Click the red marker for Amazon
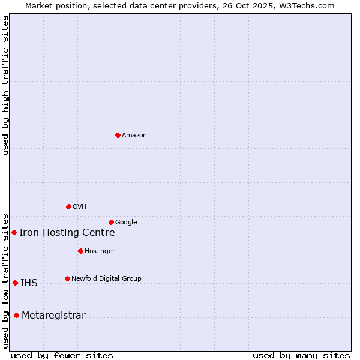click(118, 135)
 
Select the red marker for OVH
click(68, 206)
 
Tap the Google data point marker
click(111, 222)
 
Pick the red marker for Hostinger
click(80, 251)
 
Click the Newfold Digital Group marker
click(67, 278)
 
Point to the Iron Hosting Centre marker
click(14, 232)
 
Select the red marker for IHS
click(15, 283)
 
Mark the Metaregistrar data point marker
click(16, 315)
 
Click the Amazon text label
click(134, 136)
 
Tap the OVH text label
click(80, 207)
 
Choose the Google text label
click(126, 223)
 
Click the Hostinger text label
click(100, 251)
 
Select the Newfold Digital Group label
click(106, 279)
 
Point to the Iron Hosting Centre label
click(67, 233)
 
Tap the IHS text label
click(29, 283)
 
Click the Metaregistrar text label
click(53, 316)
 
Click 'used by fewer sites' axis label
click(62, 356)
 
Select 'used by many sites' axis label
click(301, 356)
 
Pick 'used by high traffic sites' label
click(6, 85)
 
